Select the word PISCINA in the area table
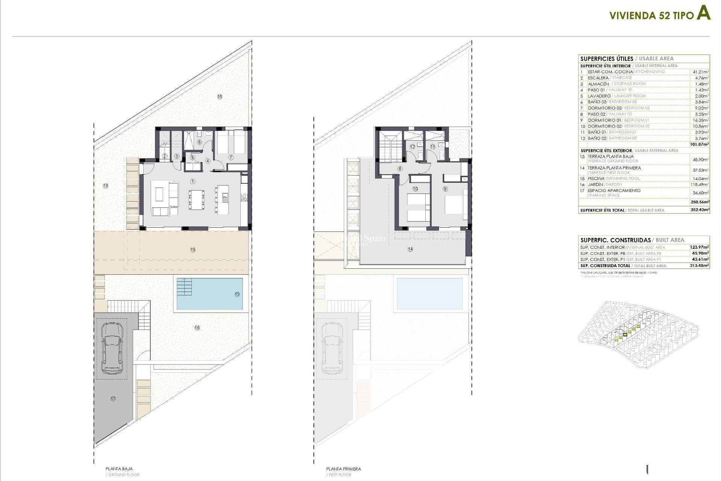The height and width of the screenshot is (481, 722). [596, 178]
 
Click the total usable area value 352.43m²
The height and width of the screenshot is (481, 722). [700, 210]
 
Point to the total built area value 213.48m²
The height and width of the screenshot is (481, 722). [700, 266]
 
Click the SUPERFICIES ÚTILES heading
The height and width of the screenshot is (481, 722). [607, 59]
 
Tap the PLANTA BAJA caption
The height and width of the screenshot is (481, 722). [119, 469]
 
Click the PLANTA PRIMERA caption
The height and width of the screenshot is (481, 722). [343, 469]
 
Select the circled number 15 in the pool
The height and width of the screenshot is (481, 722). [237, 294]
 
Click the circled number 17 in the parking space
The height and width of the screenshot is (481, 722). [113, 399]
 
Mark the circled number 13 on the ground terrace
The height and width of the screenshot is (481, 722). [193, 250]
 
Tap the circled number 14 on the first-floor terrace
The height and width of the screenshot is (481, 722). [410, 249]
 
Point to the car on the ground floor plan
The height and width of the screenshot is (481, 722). [112, 348]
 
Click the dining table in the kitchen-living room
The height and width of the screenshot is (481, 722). [197, 199]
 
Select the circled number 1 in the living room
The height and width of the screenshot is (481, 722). [193, 182]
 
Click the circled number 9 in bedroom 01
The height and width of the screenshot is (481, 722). [445, 189]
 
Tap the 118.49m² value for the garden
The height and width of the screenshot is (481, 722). [700, 185]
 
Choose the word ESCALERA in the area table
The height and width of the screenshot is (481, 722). [598, 78]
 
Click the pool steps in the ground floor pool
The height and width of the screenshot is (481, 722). [184, 287]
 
